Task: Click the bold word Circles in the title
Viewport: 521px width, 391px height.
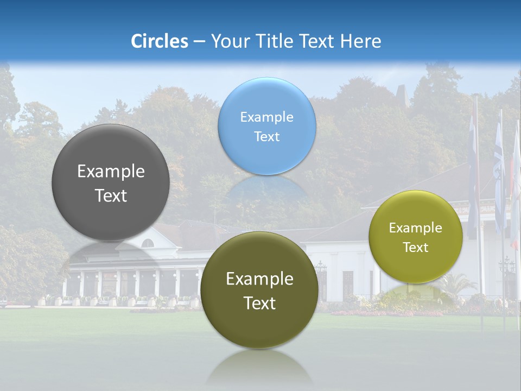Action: (x=160, y=41)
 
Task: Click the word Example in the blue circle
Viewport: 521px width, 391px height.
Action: (x=266, y=117)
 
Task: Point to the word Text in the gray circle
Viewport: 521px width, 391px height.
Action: (x=111, y=195)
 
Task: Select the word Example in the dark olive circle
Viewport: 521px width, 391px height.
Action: (x=259, y=279)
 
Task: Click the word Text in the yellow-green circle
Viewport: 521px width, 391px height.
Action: (x=415, y=248)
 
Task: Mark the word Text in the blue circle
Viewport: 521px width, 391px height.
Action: (x=266, y=137)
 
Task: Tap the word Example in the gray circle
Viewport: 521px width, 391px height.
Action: (x=111, y=172)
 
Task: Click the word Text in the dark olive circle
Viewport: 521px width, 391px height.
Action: (x=259, y=303)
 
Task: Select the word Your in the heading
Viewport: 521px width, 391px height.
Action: (x=228, y=41)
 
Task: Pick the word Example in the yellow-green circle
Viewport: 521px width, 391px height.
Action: (x=415, y=228)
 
